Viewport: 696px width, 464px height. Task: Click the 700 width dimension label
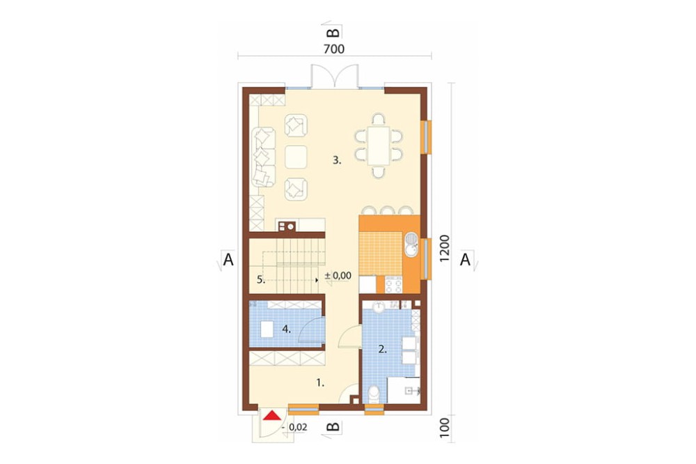(x=334, y=49)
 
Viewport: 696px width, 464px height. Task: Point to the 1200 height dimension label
(x=445, y=248)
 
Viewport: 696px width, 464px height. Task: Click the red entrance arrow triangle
(x=271, y=415)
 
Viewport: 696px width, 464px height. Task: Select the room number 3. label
(x=338, y=160)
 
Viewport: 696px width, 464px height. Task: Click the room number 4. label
(x=286, y=330)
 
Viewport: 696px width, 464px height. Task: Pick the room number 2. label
(x=382, y=349)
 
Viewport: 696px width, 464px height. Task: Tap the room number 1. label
(x=320, y=382)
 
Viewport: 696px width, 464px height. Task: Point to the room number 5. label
(x=261, y=279)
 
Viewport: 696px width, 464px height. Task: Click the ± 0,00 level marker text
(x=338, y=276)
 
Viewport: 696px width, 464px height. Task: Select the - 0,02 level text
(x=294, y=427)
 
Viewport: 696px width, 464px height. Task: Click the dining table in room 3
(x=379, y=146)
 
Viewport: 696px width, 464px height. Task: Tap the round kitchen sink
(x=411, y=245)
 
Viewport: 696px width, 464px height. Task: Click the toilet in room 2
(x=375, y=394)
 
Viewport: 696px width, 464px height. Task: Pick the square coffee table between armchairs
(x=296, y=157)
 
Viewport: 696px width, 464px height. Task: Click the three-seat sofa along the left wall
(x=263, y=157)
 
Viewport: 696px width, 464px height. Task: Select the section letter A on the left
(x=228, y=260)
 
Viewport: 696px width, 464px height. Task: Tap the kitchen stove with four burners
(x=393, y=284)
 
